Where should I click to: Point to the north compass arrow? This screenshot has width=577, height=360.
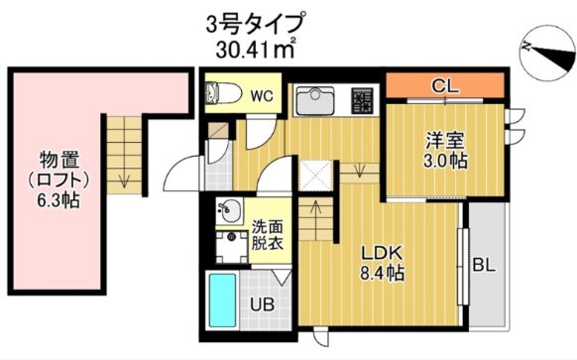point(543,47)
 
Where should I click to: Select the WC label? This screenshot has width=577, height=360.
point(260,96)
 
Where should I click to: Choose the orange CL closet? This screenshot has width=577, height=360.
point(444,86)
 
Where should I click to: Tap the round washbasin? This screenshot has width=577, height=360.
point(229,210)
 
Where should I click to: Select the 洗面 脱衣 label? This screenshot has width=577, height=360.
point(266,233)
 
